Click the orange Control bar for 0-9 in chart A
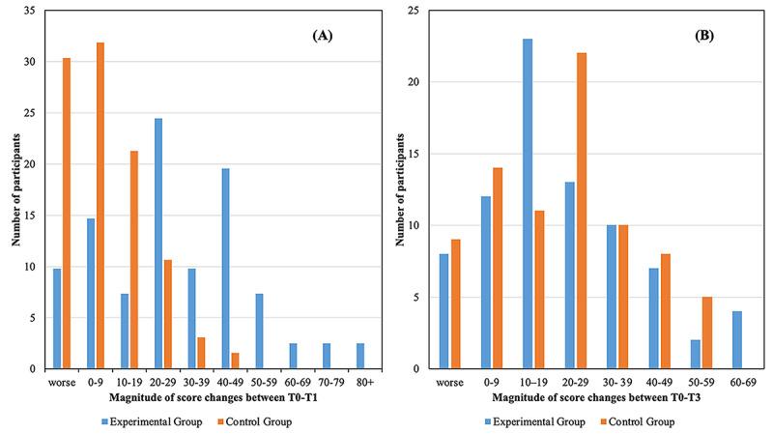click(x=100, y=205)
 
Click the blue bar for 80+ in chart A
click(x=360, y=356)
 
